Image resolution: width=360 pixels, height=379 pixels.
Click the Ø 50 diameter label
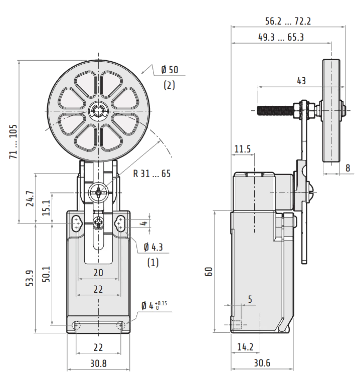click(x=170, y=70)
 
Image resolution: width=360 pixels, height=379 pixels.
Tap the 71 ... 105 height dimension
click(x=14, y=142)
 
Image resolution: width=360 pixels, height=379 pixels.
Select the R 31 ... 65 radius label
click(x=152, y=173)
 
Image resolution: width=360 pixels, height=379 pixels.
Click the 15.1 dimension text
click(x=46, y=208)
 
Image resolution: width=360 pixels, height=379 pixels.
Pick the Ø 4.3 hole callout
click(x=153, y=247)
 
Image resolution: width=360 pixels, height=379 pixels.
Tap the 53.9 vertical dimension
click(x=30, y=278)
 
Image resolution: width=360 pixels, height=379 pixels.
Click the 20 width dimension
click(x=98, y=273)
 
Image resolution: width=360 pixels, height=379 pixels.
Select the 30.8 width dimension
click(x=98, y=363)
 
